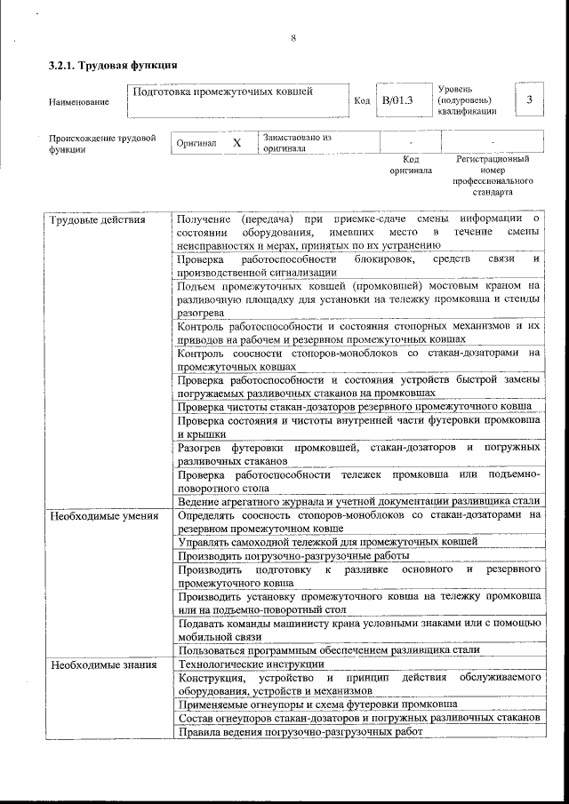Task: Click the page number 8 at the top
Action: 293,37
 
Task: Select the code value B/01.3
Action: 397,100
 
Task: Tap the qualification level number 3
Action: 529,100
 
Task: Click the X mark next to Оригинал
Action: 236,143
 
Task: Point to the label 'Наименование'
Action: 79,102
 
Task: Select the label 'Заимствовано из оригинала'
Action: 297,143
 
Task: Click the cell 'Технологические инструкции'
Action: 252,664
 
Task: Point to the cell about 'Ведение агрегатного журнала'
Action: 359,501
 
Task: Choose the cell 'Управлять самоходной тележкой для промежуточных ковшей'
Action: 328,540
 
